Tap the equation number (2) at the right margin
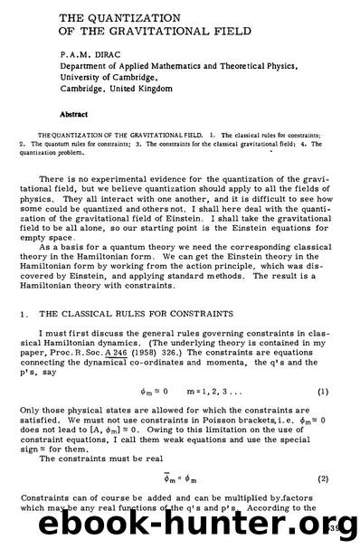click(x=321, y=474)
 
